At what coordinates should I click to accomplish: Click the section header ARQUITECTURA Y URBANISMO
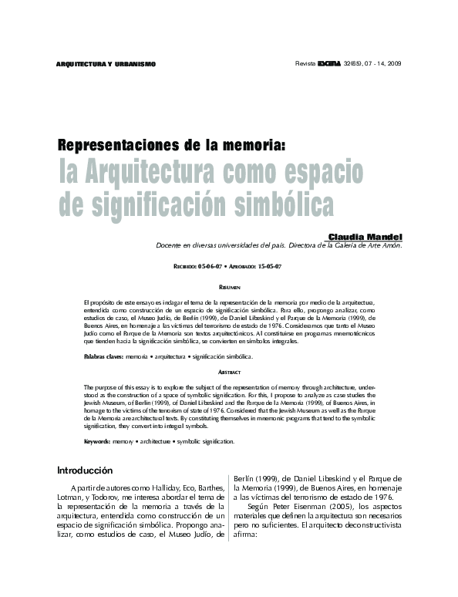point(107,63)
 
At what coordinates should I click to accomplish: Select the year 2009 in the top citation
point(394,62)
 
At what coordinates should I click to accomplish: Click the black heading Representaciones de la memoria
point(161,145)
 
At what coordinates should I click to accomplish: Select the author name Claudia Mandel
point(365,236)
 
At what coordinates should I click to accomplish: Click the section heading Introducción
point(86,471)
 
